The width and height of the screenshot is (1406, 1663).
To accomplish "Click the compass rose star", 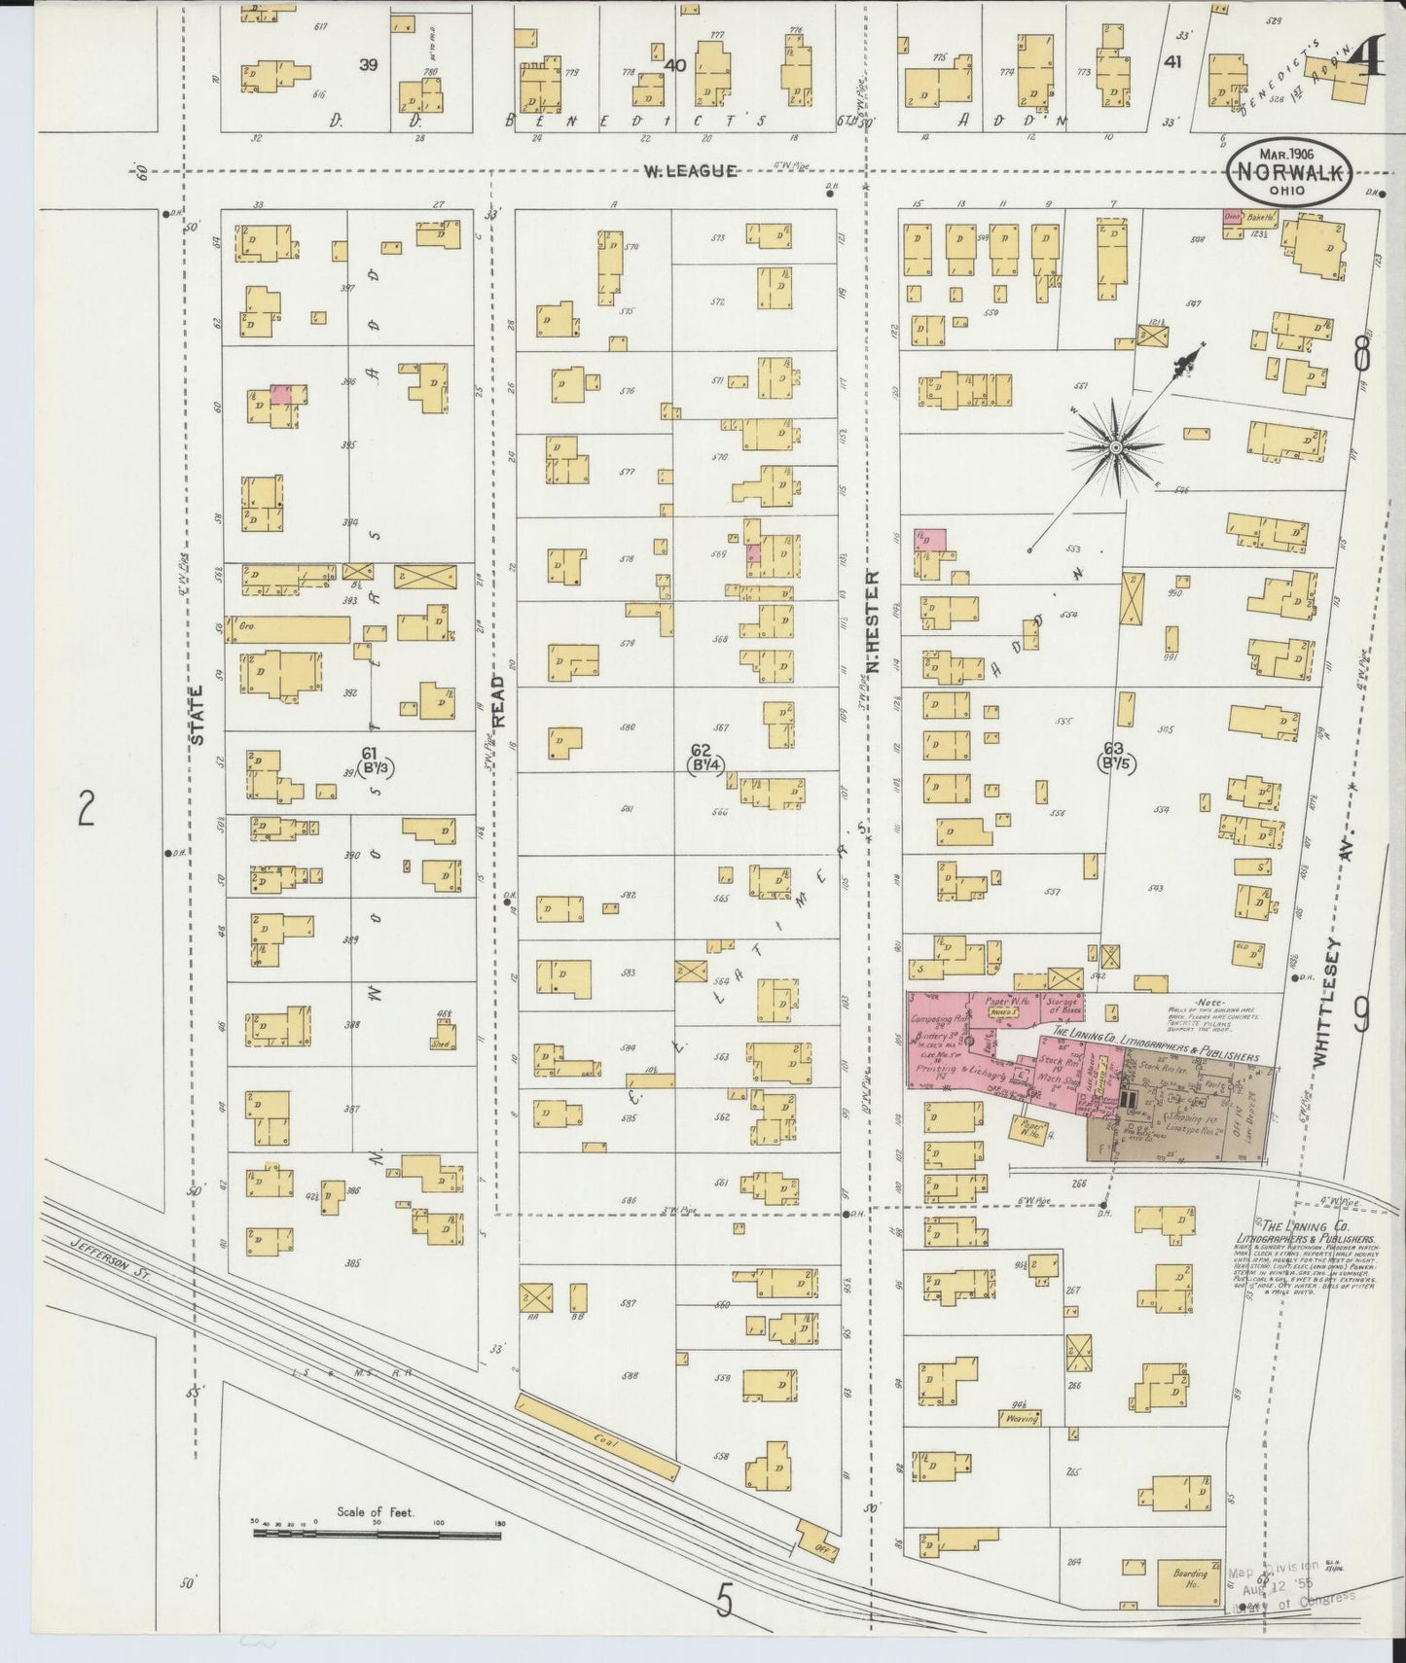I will (1115, 446).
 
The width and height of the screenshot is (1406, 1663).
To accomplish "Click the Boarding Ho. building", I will (1189, 1583).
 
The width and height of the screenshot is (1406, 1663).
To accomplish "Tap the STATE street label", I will (198, 715).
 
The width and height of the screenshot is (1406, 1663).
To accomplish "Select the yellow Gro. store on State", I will (287, 628).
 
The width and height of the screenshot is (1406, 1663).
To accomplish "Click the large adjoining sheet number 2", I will (87, 808).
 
